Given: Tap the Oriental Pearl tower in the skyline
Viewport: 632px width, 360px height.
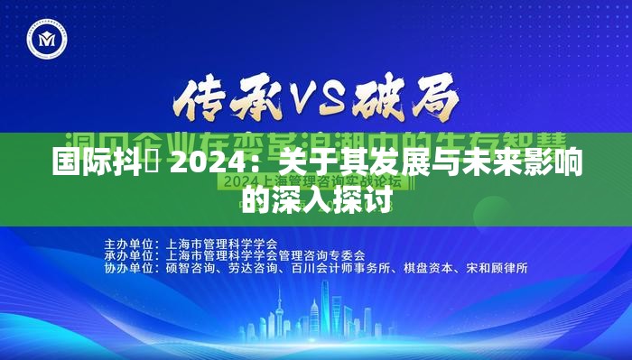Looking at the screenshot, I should pyautogui.click(x=282, y=311).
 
